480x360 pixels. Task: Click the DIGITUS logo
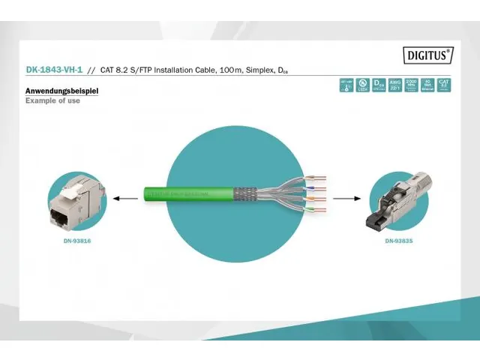coord(428,54)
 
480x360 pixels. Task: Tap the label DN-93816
coord(77,241)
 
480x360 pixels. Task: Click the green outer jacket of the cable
coord(187,193)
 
